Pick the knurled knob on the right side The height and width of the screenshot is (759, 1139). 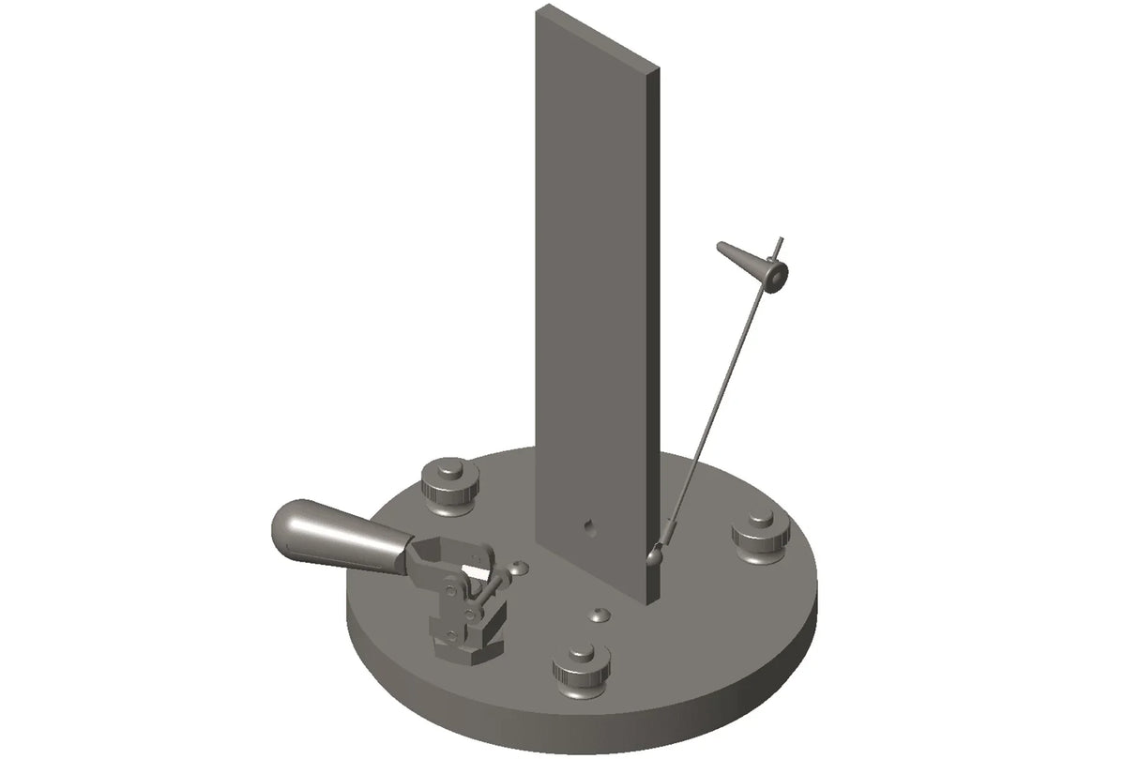(761, 536)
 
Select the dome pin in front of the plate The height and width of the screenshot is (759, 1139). (599, 615)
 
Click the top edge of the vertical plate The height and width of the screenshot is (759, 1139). (598, 37)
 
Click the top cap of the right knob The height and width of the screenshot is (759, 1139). (761, 522)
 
